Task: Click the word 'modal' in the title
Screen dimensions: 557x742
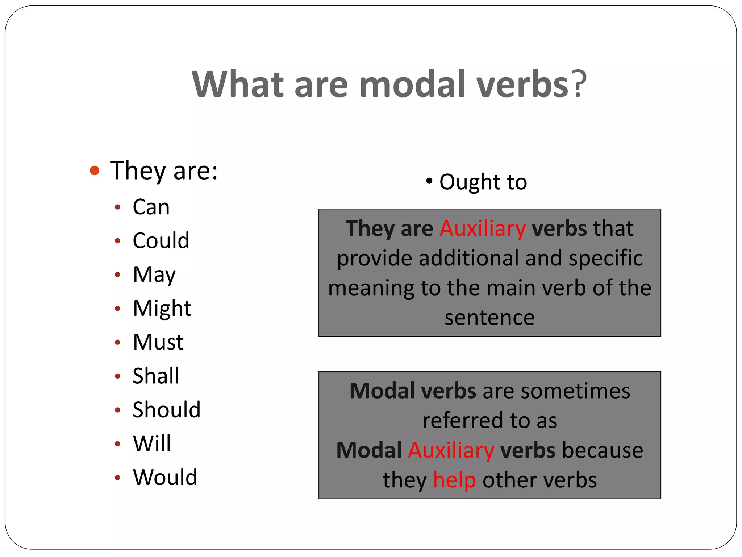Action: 412,84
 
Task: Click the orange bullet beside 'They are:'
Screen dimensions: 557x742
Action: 95,170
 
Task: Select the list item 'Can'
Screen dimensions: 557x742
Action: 151,207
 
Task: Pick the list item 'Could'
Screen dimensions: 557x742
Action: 161,240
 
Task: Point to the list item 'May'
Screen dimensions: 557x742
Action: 154,275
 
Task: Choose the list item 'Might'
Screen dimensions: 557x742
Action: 162,308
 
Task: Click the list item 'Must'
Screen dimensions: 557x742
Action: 158,342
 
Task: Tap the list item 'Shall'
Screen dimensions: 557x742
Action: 156,376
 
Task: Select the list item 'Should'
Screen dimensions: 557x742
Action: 166,410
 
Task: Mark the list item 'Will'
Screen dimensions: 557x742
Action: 152,443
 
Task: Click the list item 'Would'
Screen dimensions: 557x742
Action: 165,477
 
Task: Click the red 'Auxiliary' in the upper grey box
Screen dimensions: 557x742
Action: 483,228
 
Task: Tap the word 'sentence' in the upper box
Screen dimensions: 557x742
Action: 489,318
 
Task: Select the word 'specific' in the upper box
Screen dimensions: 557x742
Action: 605,259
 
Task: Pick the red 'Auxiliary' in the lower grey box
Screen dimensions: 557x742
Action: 451,450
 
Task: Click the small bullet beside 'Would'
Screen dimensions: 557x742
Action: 117,478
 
